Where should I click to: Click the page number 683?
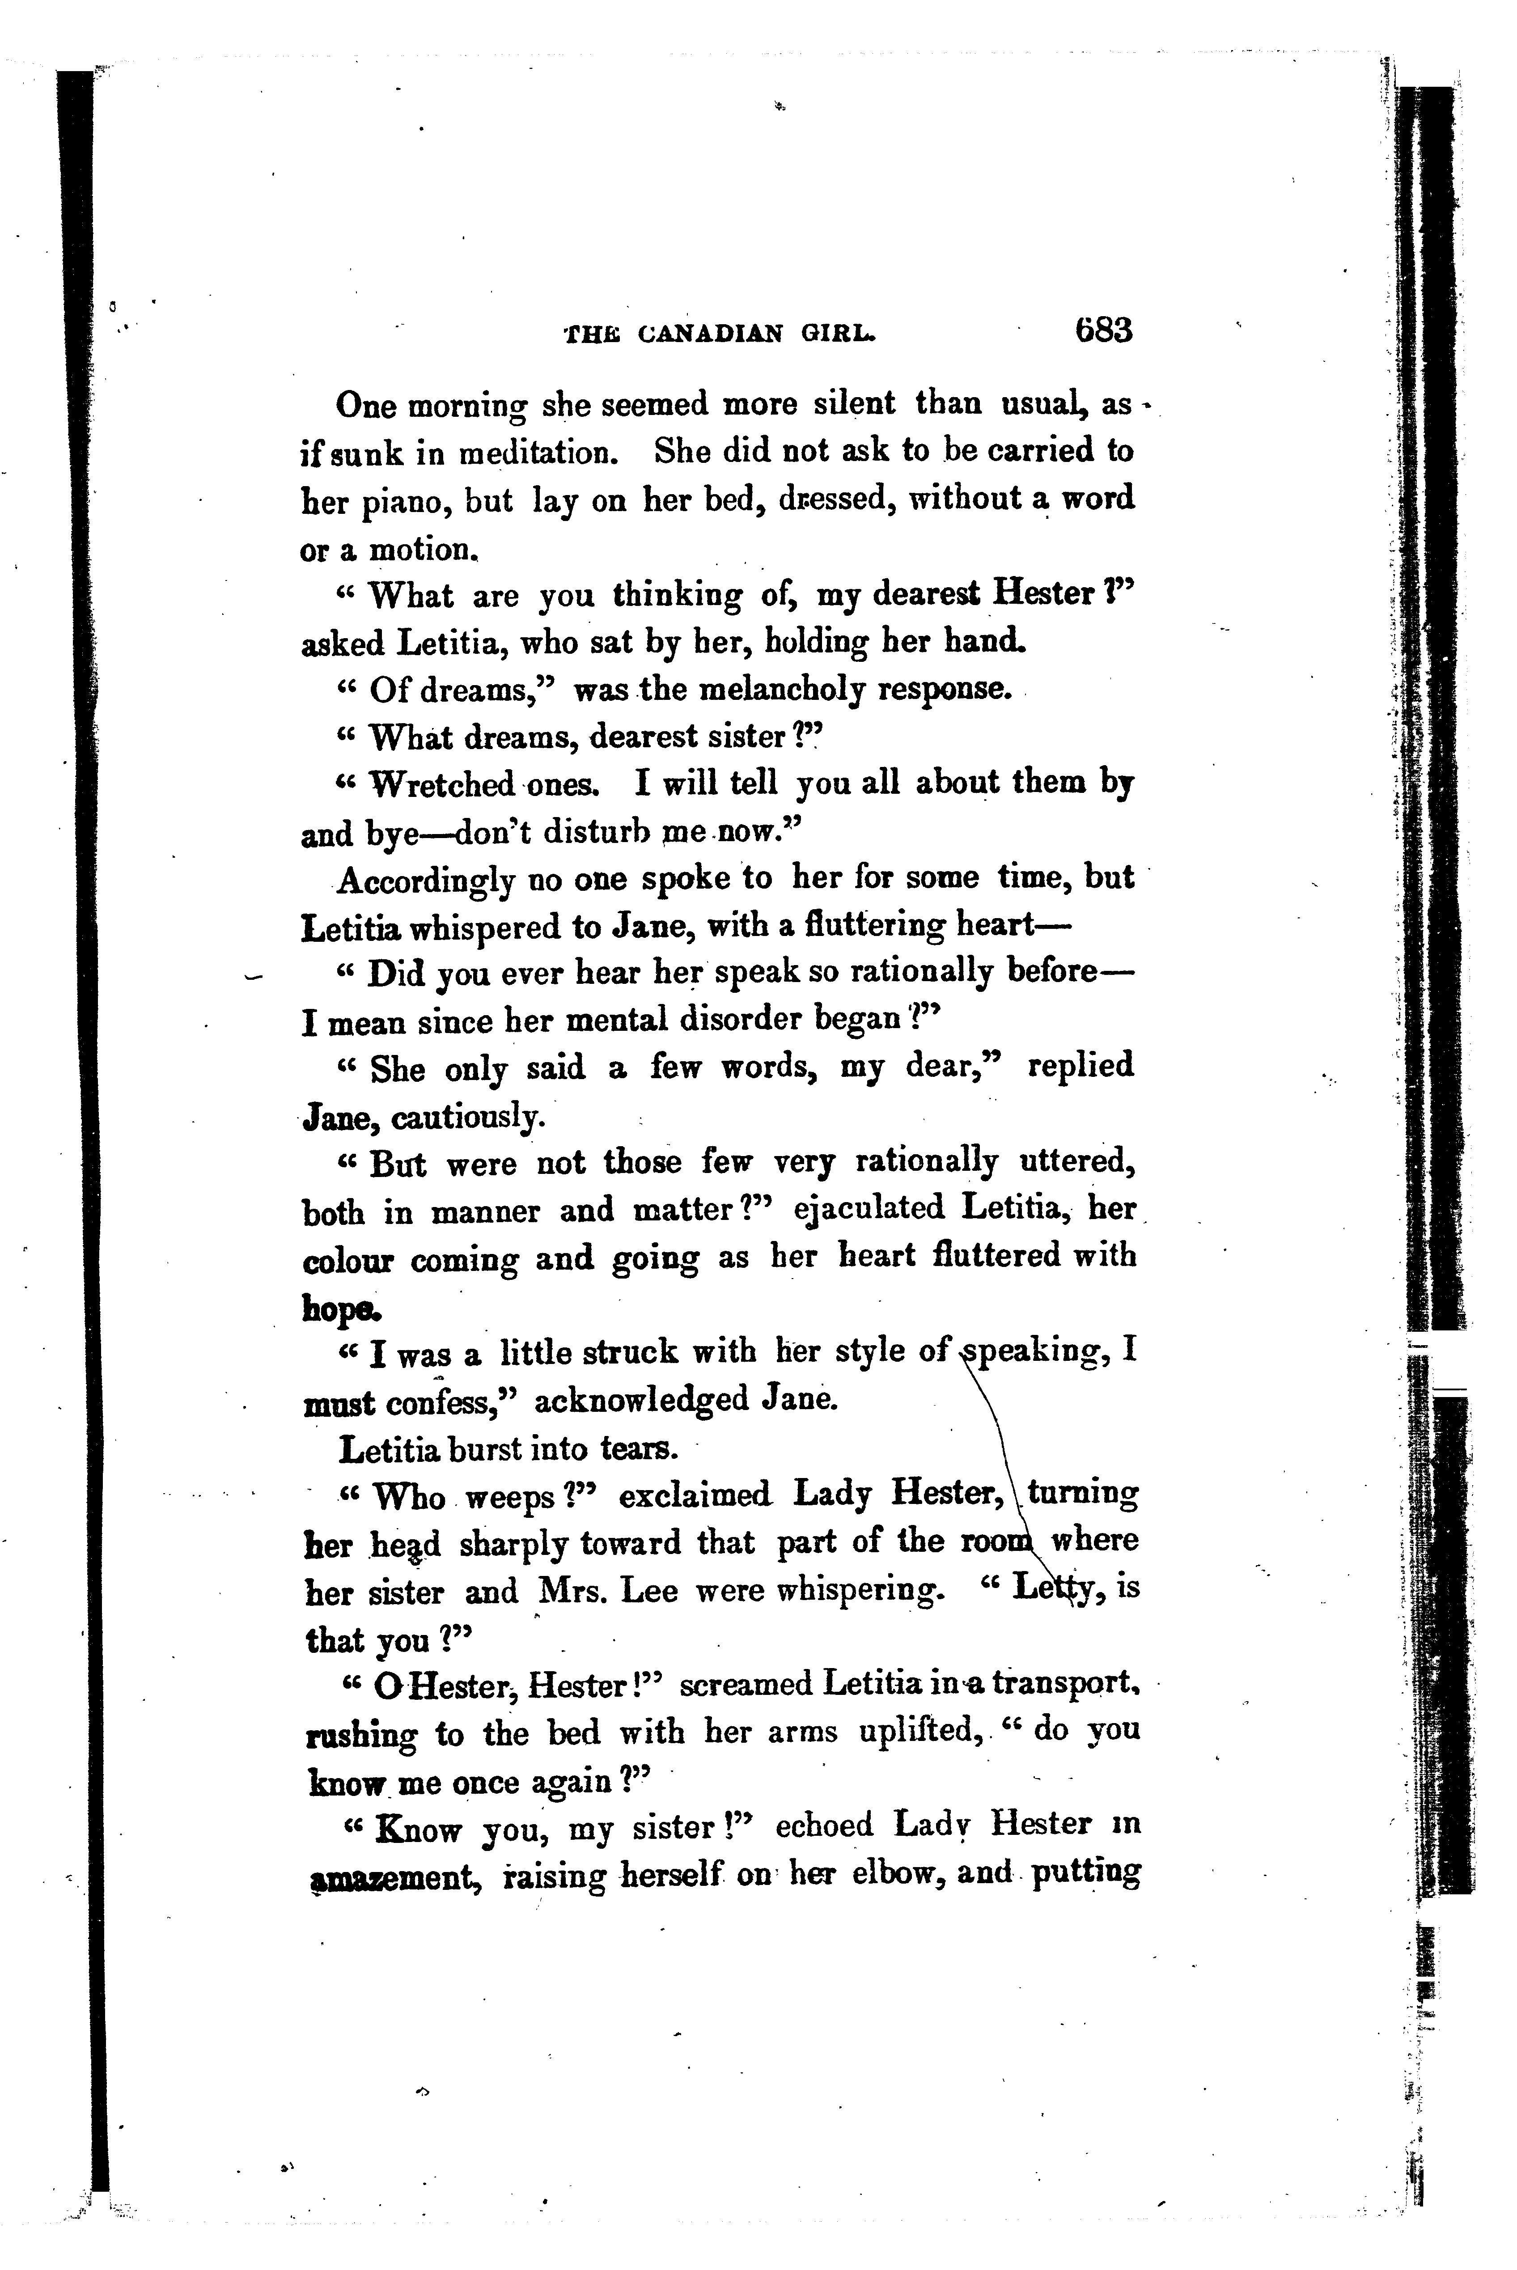click(x=1102, y=331)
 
